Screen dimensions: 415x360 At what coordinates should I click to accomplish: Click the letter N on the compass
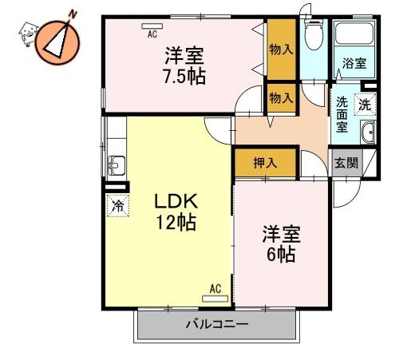73,14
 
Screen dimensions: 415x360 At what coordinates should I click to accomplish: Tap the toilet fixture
314,35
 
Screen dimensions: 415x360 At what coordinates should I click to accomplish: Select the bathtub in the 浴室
354,34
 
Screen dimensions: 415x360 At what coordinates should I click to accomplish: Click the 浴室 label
354,63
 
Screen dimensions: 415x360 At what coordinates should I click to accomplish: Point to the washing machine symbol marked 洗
365,105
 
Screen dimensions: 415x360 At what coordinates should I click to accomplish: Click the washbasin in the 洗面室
368,133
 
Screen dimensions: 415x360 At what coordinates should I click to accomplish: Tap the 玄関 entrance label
346,163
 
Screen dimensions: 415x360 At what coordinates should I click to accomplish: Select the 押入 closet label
265,163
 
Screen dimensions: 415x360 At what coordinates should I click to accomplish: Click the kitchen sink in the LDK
117,165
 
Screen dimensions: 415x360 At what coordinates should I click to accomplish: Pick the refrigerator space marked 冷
118,205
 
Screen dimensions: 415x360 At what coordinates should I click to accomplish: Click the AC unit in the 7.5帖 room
152,26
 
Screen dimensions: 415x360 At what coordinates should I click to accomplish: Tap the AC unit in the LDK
215,299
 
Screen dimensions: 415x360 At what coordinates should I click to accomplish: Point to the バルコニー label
217,324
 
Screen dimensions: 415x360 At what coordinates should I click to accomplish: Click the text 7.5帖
184,77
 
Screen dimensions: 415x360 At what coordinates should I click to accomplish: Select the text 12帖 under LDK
176,222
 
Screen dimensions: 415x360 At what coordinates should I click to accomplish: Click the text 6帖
281,255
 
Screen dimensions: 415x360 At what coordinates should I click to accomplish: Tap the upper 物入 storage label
281,49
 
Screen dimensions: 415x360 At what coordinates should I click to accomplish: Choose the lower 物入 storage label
281,98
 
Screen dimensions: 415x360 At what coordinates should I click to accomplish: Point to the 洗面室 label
342,115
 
